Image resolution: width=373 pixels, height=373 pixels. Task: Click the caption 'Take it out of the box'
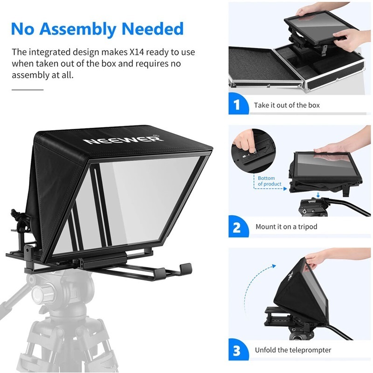[287, 105]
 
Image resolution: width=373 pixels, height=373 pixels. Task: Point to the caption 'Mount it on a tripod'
[286, 227]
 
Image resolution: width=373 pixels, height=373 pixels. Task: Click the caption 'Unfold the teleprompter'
[293, 350]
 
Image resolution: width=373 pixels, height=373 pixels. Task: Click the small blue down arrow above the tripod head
[318, 195]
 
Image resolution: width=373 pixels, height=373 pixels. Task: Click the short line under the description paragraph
[27, 89]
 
